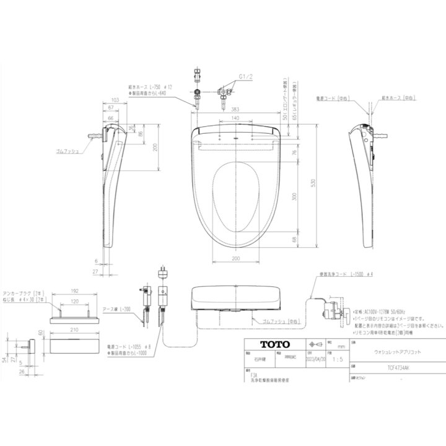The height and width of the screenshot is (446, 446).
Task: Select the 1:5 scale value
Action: point(336,358)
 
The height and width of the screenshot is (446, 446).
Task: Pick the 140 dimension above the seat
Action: point(236,118)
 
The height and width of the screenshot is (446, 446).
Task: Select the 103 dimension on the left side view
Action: point(115,100)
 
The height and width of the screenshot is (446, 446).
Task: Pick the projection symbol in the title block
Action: point(313,344)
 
